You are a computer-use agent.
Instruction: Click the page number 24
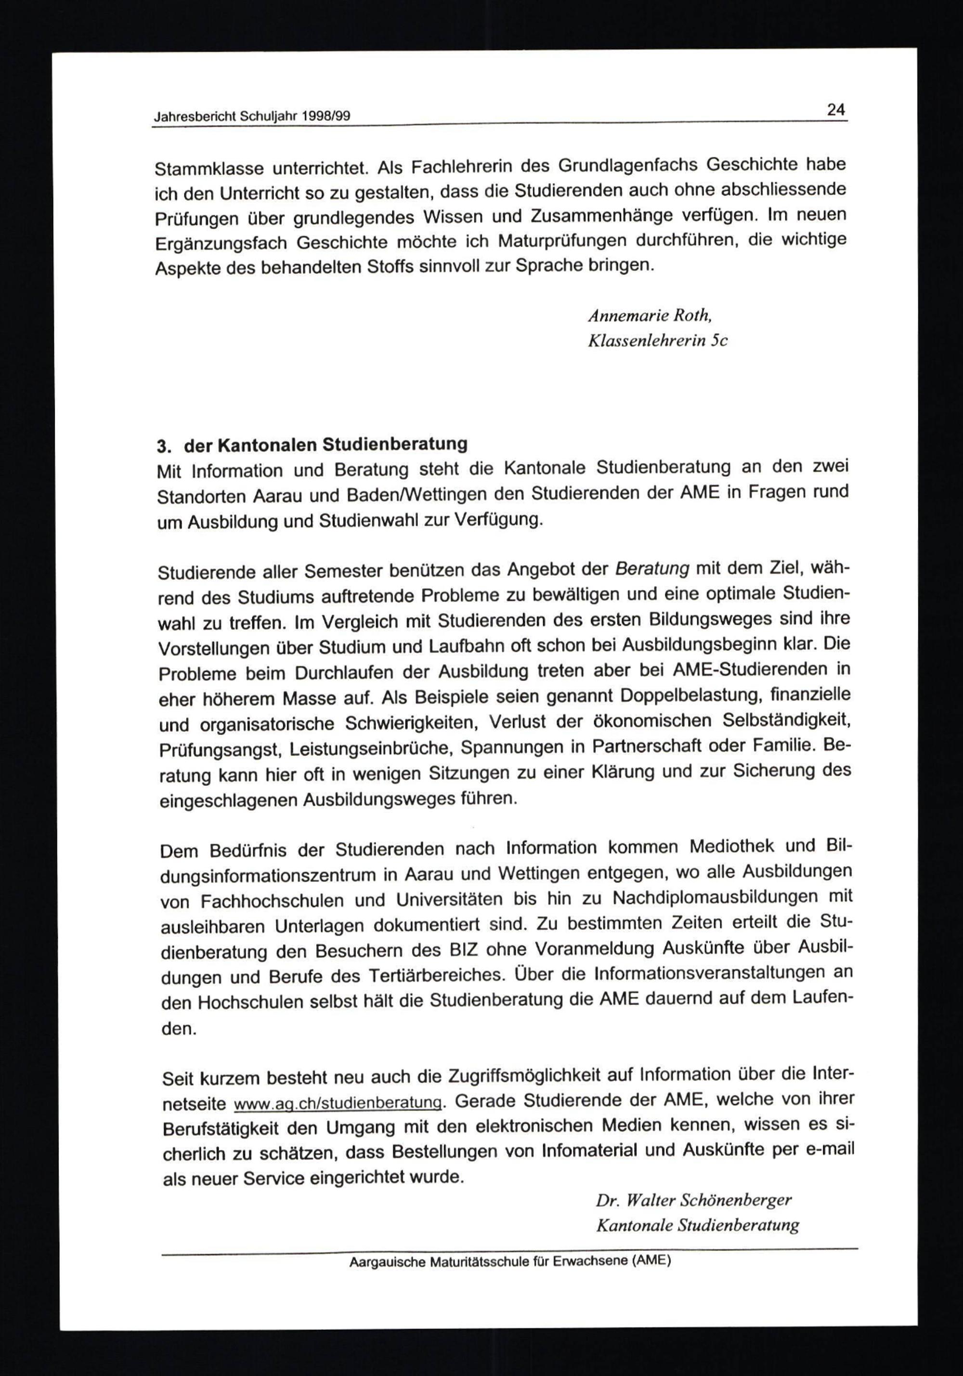[x=836, y=110]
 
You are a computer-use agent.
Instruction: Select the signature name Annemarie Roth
[x=650, y=315]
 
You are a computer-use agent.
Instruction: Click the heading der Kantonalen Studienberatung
[x=325, y=445]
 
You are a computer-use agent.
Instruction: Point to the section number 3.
[x=164, y=446]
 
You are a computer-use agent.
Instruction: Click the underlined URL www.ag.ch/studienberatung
[x=338, y=1103]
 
